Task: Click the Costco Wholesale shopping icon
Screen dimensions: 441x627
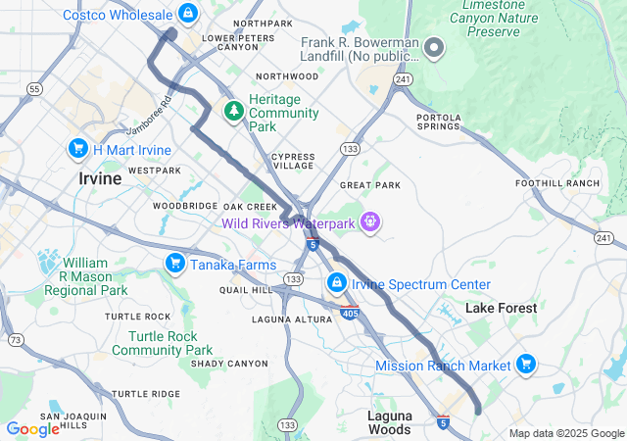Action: click(188, 14)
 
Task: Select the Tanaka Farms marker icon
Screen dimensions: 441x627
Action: click(174, 262)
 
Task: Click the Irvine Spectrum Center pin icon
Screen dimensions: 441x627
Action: click(336, 284)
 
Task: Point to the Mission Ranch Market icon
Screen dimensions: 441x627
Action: click(526, 365)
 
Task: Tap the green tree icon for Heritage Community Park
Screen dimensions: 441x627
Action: click(233, 112)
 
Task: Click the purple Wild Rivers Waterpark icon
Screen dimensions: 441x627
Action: click(369, 222)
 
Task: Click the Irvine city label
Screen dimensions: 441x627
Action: click(100, 179)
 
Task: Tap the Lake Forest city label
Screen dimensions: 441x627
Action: click(501, 308)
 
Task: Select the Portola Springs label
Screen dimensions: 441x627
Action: click(438, 122)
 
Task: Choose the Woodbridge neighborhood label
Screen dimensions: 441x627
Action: click(184, 206)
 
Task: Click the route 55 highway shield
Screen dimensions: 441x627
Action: click(35, 89)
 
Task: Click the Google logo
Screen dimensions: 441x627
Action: click(31, 428)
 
